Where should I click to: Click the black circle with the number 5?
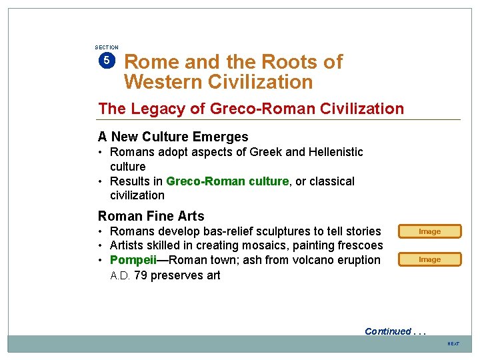pyautogui.click(x=107, y=61)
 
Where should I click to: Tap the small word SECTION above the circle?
pyautogui.click(x=107, y=47)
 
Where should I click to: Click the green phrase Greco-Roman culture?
pyautogui.click(x=227, y=181)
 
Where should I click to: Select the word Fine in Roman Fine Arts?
pyautogui.click(x=156, y=216)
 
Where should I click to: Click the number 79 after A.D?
pyautogui.click(x=141, y=275)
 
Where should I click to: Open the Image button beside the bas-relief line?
pyautogui.click(x=429, y=231)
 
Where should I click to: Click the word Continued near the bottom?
pyautogui.click(x=387, y=331)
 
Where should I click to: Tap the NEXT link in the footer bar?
pyautogui.click(x=453, y=344)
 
